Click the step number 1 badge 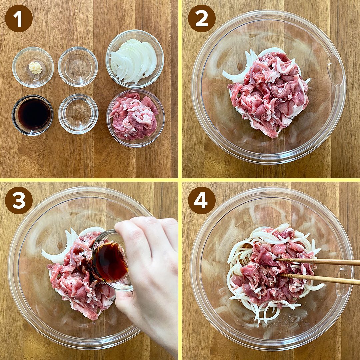tap(19, 18)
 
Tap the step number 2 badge tap(202, 18)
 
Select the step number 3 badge tap(19, 200)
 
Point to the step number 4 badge tap(202, 200)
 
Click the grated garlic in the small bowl tap(35, 68)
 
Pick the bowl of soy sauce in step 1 tap(32, 115)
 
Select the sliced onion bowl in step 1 tap(135, 59)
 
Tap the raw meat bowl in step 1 tap(135, 118)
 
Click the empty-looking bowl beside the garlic tap(78, 67)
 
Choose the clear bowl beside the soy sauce tap(78, 114)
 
